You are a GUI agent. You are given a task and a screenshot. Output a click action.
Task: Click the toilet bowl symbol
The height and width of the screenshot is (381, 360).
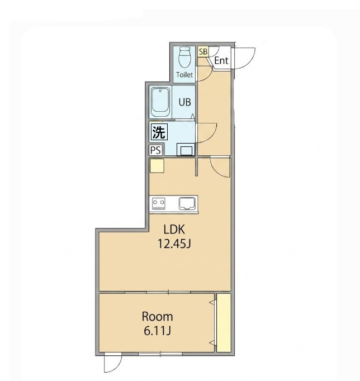pyautogui.click(x=184, y=58)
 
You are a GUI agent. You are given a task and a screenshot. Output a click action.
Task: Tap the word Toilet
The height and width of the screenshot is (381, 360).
pyautogui.click(x=184, y=75)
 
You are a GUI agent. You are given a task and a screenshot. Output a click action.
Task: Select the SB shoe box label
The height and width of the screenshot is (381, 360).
pyautogui.click(x=203, y=51)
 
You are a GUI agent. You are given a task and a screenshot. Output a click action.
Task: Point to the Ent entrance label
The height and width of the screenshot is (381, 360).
pyautogui.click(x=221, y=60)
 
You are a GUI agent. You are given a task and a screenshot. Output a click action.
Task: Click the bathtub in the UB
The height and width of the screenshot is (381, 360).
pyautogui.click(x=160, y=103)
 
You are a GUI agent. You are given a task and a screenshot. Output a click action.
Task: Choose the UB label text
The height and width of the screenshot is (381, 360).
pyautogui.click(x=184, y=102)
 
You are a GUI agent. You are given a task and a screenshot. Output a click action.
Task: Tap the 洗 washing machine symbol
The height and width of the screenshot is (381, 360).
pyautogui.click(x=159, y=132)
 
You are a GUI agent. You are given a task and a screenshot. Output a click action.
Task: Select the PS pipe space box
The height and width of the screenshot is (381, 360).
pyautogui.click(x=155, y=150)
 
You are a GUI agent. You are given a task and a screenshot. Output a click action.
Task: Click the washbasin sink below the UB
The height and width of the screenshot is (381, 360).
pyautogui.click(x=186, y=149)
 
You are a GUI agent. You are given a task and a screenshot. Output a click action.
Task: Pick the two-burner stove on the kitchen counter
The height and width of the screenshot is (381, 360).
pyautogui.click(x=159, y=203)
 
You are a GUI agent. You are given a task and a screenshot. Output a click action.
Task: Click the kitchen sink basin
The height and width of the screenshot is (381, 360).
pyautogui.click(x=187, y=203)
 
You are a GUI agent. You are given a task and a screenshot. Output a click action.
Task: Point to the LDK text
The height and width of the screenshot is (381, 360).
pyautogui.click(x=174, y=229)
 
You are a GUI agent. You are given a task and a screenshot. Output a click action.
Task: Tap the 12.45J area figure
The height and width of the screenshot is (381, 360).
pyautogui.click(x=174, y=244)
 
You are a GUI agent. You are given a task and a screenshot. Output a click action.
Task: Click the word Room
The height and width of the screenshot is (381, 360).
pyautogui.click(x=157, y=316)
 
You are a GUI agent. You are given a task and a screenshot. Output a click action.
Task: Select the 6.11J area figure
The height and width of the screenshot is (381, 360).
pyautogui.click(x=157, y=331)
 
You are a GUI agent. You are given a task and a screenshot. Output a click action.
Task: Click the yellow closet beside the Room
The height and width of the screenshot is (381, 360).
pyautogui.click(x=224, y=323)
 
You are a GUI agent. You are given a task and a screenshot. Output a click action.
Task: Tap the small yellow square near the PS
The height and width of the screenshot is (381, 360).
pyautogui.click(x=157, y=166)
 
